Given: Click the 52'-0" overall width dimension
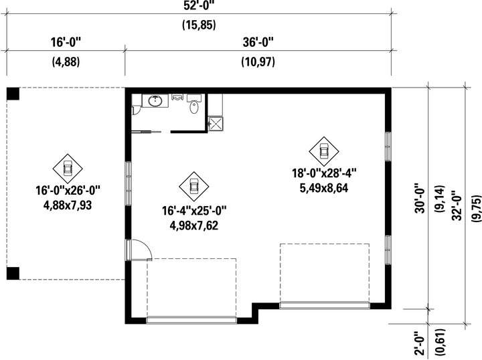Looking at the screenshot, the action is (x=199, y=5).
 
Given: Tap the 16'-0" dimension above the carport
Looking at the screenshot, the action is (x=66, y=42).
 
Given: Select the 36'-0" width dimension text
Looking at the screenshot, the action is (x=258, y=42).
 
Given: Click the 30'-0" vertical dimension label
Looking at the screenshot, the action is (x=420, y=198).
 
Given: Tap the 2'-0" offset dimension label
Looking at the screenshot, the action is (x=420, y=343).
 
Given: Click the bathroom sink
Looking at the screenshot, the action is (x=155, y=101).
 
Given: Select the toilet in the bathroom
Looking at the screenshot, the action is (x=194, y=104).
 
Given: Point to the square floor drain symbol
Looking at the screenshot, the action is (x=216, y=124).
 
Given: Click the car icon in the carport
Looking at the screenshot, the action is (x=68, y=169).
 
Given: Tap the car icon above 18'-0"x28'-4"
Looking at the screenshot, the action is (x=324, y=151).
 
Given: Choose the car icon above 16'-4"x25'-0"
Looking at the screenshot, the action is (x=194, y=187).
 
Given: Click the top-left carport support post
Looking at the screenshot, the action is (x=13, y=94).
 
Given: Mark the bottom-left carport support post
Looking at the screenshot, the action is (x=13, y=274).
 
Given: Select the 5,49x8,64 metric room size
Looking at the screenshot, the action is (x=324, y=188).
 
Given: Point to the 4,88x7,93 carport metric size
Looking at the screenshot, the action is (x=68, y=205).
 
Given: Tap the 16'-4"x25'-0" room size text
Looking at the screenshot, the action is (x=194, y=211).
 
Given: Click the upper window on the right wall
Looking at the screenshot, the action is (x=388, y=147).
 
